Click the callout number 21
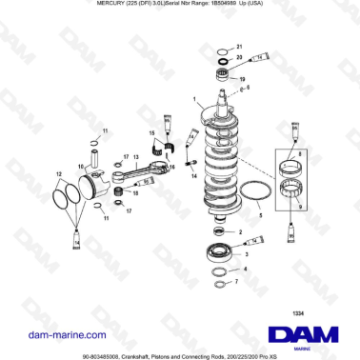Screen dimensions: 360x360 pos(239,47)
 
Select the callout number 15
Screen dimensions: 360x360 pos(149,131)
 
